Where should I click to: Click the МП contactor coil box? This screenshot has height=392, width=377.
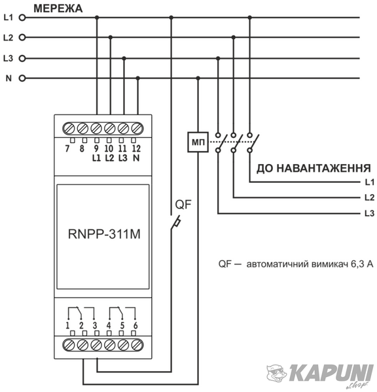pyautogui.click(x=198, y=142)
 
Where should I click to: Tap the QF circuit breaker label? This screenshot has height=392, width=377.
pyautogui.click(x=183, y=204)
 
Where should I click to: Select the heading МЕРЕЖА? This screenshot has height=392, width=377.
pyautogui.click(x=58, y=8)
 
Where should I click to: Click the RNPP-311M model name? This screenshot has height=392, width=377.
pyautogui.click(x=104, y=234)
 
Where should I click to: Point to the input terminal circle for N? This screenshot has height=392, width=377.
pyautogui.click(x=22, y=78)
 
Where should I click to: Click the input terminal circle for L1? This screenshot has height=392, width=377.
pyautogui.click(x=22, y=18)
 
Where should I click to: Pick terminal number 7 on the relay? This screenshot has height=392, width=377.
pyautogui.click(x=67, y=148)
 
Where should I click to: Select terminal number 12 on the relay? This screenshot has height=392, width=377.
pyautogui.click(x=136, y=148)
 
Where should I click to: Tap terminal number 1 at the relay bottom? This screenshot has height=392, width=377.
pyautogui.click(x=67, y=325)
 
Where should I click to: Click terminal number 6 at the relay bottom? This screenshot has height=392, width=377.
pyautogui.click(x=135, y=325)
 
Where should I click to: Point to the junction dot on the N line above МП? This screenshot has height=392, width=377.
pyautogui.click(x=198, y=78)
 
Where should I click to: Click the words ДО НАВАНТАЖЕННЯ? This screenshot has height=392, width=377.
pyautogui.click(x=314, y=169)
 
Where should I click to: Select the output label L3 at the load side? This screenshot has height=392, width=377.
pyautogui.click(x=370, y=213)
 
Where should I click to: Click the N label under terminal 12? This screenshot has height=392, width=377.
pyautogui.click(x=136, y=157)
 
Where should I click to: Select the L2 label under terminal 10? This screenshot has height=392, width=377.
pyautogui.click(x=109, y=157)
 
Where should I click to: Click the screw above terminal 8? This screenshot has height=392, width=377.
pyautogui.click(x=82, y=129)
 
